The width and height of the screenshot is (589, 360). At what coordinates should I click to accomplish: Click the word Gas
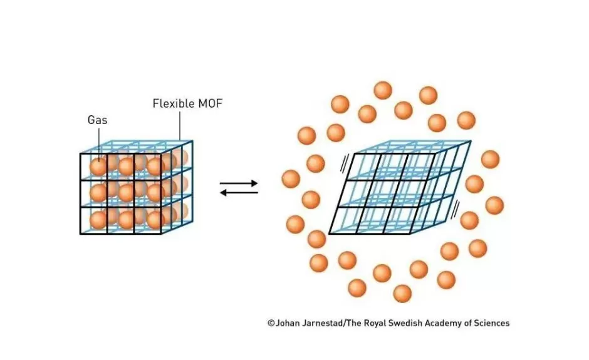98,120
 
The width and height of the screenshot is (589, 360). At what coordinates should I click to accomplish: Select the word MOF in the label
209,103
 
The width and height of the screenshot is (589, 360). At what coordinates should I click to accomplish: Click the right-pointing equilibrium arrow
239,183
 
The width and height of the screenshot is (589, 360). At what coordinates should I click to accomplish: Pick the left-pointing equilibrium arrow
239,192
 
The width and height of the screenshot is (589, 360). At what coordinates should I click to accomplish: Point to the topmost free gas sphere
383,90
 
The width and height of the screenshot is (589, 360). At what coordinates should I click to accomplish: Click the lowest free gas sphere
402,293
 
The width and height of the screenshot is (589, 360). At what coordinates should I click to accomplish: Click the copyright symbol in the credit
271,323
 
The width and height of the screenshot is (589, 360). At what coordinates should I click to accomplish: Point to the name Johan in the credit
287,323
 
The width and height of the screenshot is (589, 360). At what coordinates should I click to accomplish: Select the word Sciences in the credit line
491,323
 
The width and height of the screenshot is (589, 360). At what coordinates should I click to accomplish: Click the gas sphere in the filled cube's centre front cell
126,193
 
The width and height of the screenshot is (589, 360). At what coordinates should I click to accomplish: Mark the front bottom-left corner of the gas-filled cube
81,234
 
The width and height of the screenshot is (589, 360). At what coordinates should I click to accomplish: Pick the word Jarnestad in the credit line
324,323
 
